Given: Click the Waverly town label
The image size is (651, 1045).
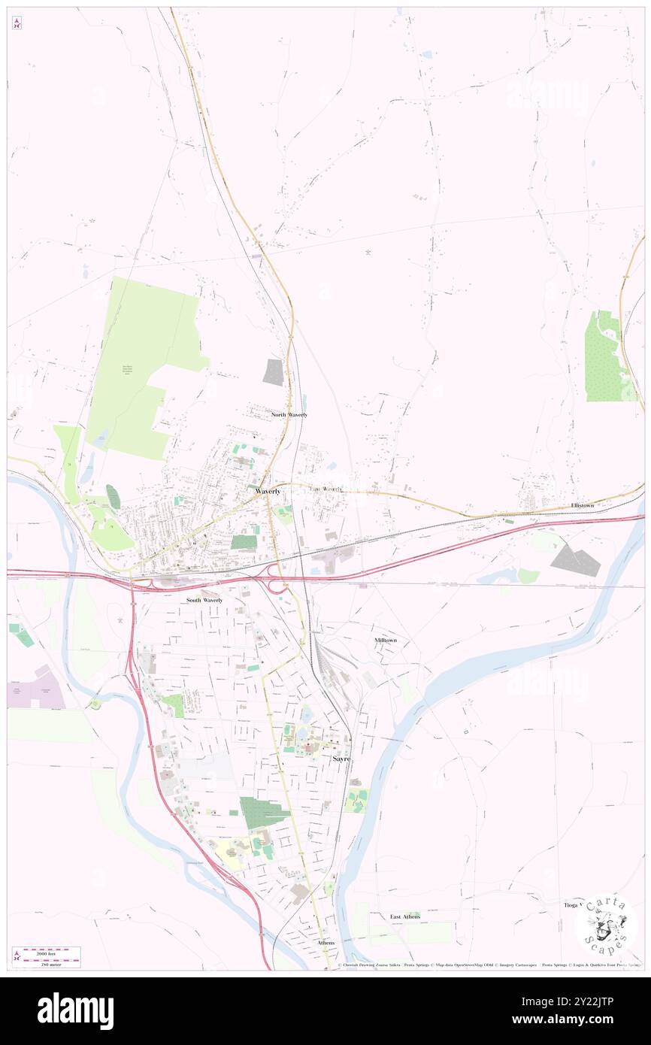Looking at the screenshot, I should point(268,491).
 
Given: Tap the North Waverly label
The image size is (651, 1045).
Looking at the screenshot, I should point(289,415).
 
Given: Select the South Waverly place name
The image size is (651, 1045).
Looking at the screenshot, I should point(204,601).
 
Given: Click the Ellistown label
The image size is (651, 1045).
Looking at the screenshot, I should point(583,505).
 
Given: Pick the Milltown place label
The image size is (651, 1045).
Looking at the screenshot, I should point(386,640).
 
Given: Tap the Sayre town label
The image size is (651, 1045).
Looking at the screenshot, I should point(341,759).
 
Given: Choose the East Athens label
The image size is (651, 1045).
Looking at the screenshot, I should point(405,916).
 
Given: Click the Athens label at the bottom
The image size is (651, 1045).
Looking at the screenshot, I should point(325,942).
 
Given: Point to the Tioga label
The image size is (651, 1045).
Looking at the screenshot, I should point(572,905).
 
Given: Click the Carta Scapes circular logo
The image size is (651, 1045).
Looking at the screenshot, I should point(606,924).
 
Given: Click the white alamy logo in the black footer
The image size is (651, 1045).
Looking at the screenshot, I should point(75,1011).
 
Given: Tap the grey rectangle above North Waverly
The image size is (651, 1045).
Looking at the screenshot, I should point(274,372).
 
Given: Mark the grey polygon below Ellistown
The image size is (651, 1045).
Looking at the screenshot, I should point(575,560).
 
